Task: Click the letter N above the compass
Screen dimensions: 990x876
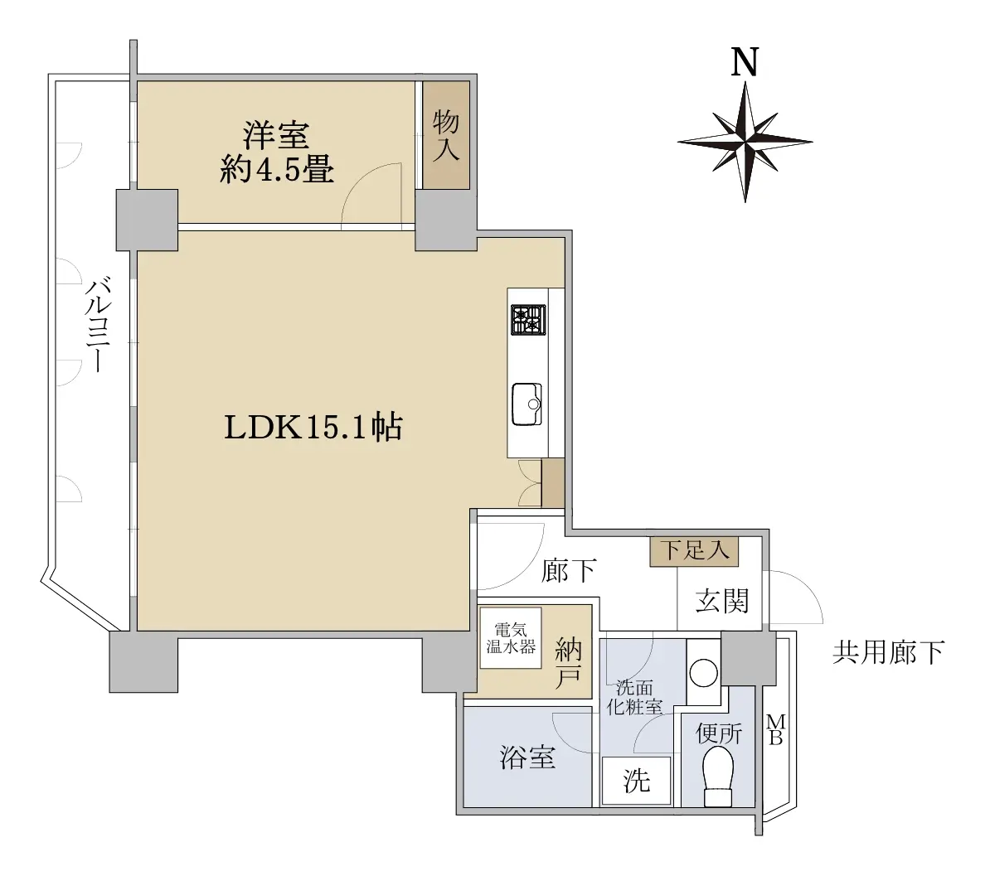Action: click(x=745, y=62)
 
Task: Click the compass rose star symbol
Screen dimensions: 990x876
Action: click(x=745, y=142)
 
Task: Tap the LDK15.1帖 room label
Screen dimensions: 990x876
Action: click(x=313, y=428)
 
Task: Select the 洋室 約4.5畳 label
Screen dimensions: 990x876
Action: click(x=277, y=152)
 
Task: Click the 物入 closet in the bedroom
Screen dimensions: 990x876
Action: click(x=446, y=135)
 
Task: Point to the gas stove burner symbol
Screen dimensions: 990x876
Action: click(x=528, y=320)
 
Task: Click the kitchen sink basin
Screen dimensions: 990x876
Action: click(x=527, y=404)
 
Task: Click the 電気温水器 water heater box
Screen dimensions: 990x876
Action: click(x=511, y=638)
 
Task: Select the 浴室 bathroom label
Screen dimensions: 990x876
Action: click(x=528, y=757)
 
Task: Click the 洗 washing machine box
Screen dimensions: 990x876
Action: click(x=637, y=782)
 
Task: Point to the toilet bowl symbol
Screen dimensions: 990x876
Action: click(x=718, y=777)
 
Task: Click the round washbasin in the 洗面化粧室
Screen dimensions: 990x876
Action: click(x=703, y=673)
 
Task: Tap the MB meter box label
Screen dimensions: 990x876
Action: click(x=776, y=729)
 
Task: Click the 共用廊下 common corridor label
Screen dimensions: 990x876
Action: click(x=888, y=652)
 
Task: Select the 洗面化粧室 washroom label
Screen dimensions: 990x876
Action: click(x=634, y=698)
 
